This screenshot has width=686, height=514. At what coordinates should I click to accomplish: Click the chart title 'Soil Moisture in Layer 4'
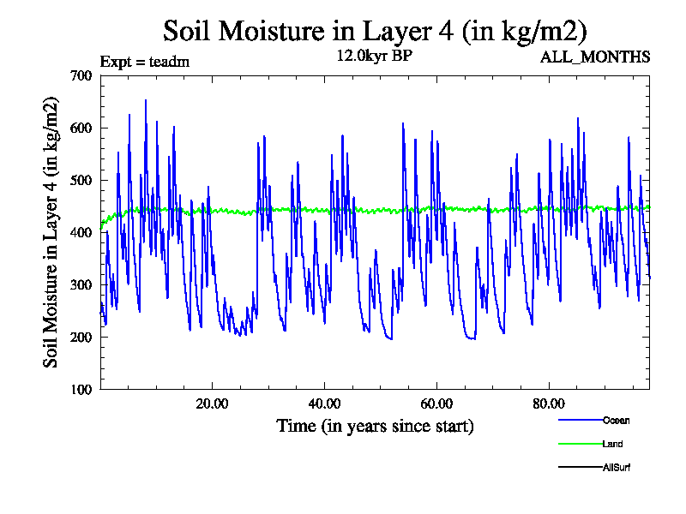tap(375, 31)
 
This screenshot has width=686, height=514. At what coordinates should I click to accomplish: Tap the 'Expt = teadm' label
tap(145, 62)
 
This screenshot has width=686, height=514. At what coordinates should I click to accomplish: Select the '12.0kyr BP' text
tap(376, 57)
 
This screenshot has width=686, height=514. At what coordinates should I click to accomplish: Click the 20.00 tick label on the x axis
tap(212, 404)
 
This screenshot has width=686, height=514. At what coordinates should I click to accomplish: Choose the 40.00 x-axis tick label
tap(324, 404)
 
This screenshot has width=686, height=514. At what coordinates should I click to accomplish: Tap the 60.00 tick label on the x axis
tap(436, 404)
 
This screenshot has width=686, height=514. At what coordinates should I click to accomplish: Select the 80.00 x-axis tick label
tap(549, 404)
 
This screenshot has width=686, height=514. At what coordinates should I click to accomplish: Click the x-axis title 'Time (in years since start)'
tap(375, 426)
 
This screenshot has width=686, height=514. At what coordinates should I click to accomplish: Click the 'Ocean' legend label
tap(616, 421)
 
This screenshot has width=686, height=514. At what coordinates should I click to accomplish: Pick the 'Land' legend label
tap(612, 444)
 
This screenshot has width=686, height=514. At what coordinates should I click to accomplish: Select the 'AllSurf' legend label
tap(617, 467)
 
